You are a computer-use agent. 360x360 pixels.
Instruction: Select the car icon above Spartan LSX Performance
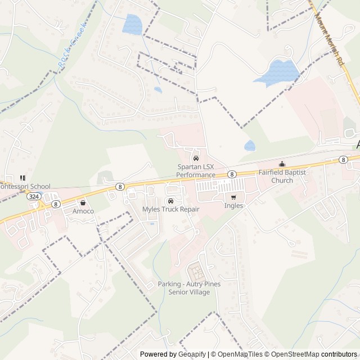196,158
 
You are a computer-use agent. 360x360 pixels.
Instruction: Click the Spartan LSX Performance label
196,171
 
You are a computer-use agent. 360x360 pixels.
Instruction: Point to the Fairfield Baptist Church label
282,176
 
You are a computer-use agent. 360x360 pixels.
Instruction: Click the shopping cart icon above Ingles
233,197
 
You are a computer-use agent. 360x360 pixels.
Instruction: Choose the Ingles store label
233,206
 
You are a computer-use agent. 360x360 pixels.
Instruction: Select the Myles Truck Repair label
171,209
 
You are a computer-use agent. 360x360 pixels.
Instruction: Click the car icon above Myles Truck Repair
170,201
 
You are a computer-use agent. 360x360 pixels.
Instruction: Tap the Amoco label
83,211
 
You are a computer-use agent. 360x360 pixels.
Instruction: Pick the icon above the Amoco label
83,202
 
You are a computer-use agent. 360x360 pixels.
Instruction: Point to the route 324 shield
33,197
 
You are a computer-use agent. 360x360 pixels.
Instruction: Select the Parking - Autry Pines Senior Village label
189,287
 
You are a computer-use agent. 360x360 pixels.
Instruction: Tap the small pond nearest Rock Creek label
132,24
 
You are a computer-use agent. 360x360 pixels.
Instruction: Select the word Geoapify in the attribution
192,354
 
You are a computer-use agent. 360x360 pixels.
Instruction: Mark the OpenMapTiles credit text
237,354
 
